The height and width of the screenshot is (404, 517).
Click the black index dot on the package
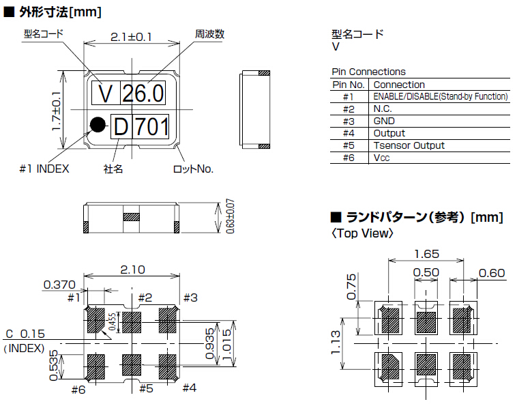click(x=98, y=124)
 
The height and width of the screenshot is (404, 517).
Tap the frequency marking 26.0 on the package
click(x=143, y=93)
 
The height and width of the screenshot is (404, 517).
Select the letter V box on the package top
click(x=105, y=93)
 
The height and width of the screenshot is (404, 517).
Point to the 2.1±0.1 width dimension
click(x=131, y=37)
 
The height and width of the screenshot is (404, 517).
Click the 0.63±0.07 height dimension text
click(x=228, y=216)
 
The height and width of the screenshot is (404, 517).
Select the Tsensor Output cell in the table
click(x=409, y=145)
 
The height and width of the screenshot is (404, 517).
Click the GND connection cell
click(x=384, y=121)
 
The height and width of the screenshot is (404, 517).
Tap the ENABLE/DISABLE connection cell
click(x=440, y=96)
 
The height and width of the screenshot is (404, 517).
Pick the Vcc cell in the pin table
click(x=381, y=158)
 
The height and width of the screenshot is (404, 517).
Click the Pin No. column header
click(x=349, y=85)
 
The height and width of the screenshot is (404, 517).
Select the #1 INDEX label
click(x=44, y=169)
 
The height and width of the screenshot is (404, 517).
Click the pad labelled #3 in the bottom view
click(x=168, y=317)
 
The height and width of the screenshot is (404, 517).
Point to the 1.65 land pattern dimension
click(x=426, y=254)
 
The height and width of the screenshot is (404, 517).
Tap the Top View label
click(x=362, y=233)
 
